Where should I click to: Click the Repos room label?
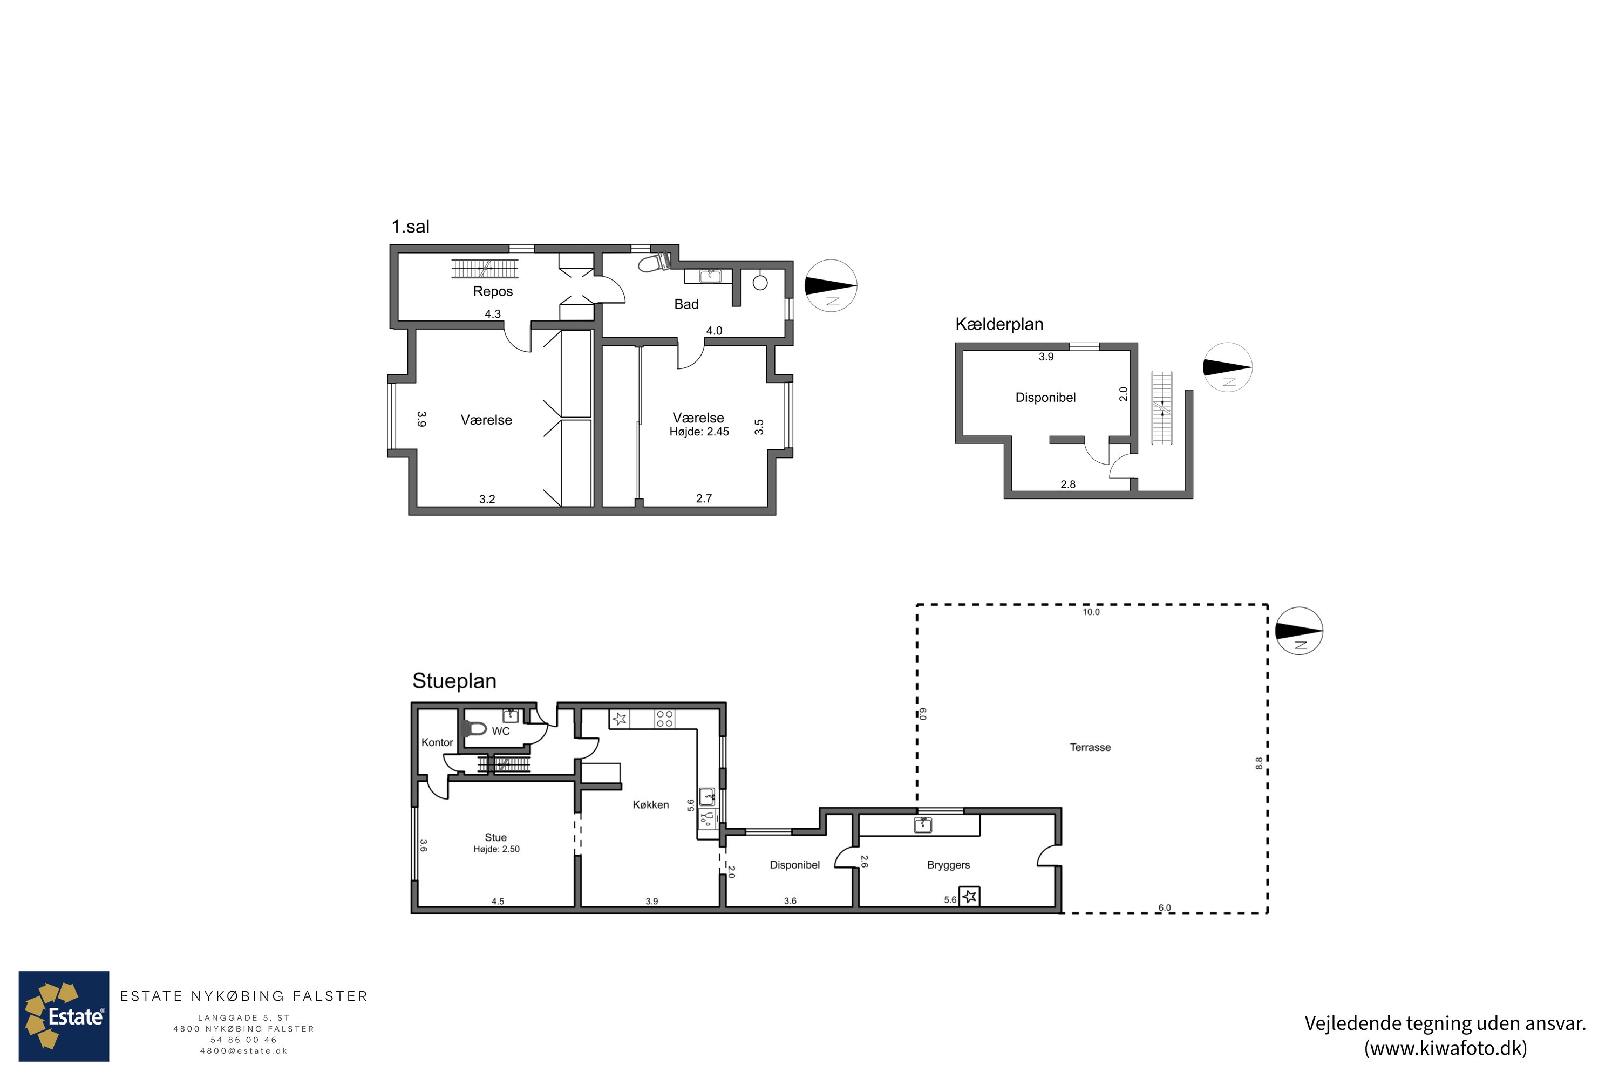click(x=493, y=291)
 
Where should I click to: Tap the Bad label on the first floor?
click(x=686, y=304)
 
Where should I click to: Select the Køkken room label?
click(x=650, y=804)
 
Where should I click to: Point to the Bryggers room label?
click(x=949, y=865)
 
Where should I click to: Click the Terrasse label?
click(x=1090, y=747)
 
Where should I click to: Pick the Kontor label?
click(x=437, y=742)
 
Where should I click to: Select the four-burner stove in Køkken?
click(x=664, y=719)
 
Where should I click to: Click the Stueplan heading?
click(x=454, y=680)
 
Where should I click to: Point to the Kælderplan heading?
click(x=999, y=324)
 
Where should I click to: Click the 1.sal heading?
click(x=410, y=227)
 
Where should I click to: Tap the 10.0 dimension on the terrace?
click(x=1091, y=612)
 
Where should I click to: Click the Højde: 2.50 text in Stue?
click(x=496, y=849)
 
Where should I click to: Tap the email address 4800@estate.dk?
click(x=244, y=1051)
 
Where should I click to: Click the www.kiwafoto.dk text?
click(x=1446, y=1048)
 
